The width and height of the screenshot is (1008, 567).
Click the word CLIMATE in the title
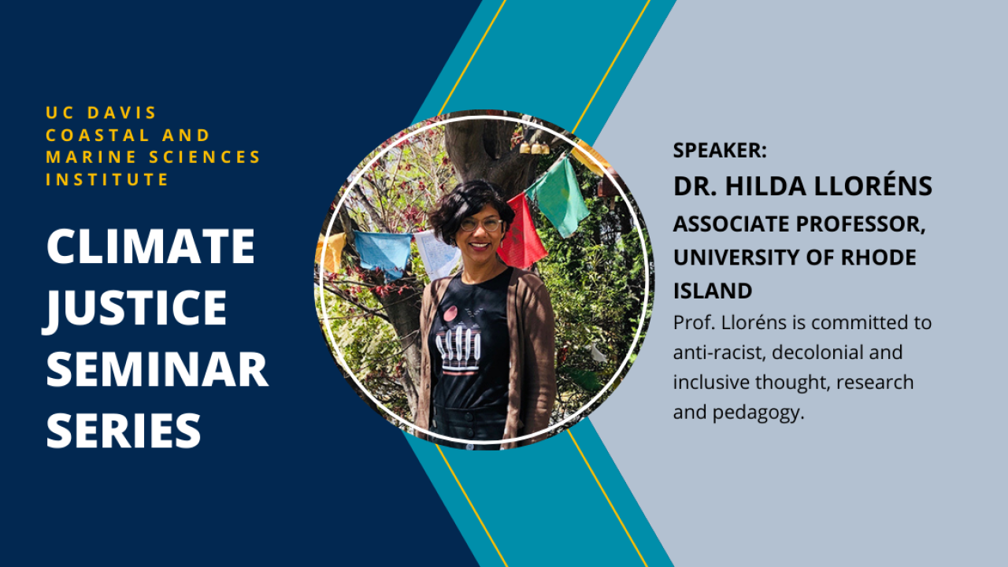[x=150, y=246]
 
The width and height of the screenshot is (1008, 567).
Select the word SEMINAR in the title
[x=157, y=369]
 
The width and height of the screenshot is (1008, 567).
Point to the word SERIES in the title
[x=124, y=430]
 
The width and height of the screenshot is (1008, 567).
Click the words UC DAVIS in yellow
[x=101, y=113]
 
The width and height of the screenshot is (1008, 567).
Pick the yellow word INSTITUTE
[x=107, y=180]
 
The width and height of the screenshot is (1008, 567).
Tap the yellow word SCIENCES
[x=205, y=157]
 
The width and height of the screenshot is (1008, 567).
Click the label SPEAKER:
[x=719, y=150]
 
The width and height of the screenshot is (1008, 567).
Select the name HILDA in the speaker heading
[x=765, y=187]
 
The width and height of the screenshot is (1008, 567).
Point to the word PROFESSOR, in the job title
[x=860, y=224]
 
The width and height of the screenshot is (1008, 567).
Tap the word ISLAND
[x=713, y=291]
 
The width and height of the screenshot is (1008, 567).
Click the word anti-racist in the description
[x=719, y=352]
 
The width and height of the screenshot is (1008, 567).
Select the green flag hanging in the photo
[x=559, y=197]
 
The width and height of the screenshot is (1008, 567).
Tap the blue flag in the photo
[x=383, y=254]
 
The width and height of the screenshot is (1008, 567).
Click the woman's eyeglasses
[x=481, y=224]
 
